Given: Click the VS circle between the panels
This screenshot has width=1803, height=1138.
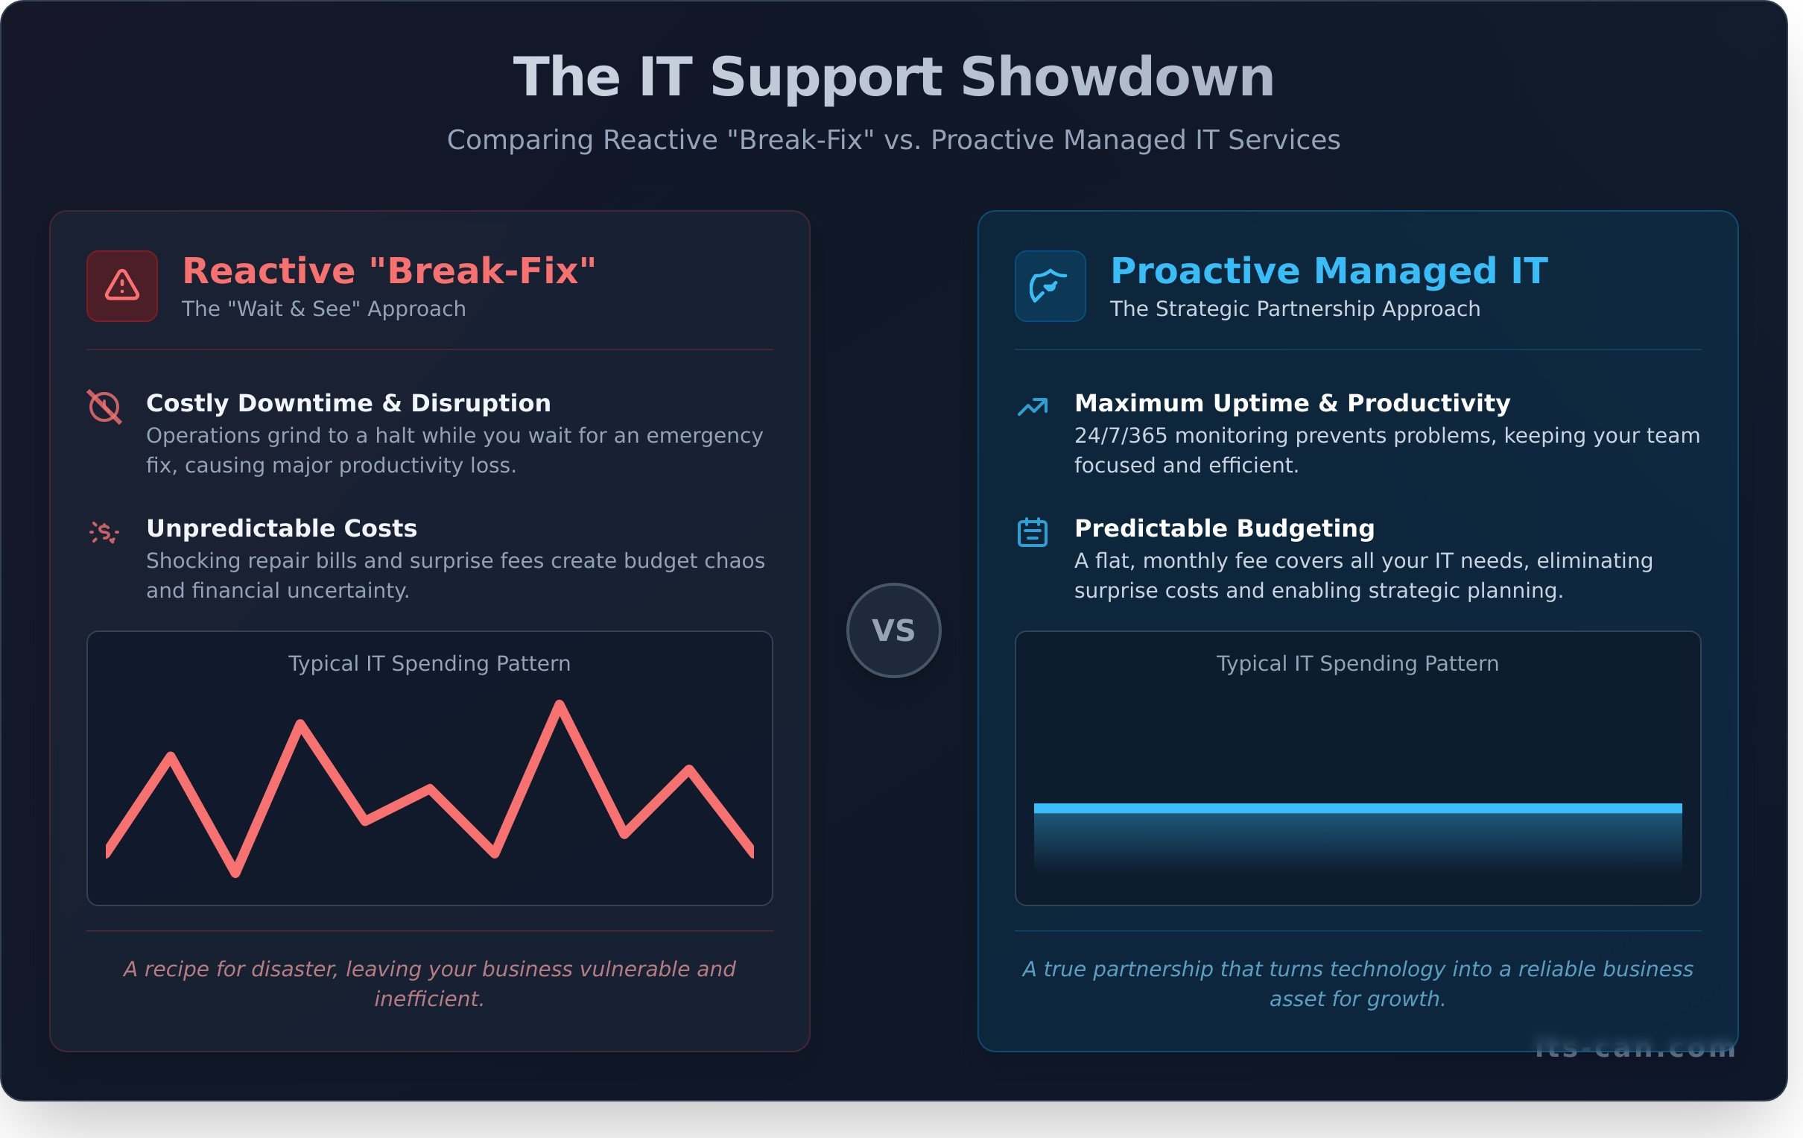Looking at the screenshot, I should [893, 630].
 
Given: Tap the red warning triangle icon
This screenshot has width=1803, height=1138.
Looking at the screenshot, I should [122, 286].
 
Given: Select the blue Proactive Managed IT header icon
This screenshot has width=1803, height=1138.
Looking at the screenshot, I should [1050, 286].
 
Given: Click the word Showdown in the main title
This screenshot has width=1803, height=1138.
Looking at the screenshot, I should [1117, 78].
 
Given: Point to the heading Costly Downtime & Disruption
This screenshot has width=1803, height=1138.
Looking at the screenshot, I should [348, 403].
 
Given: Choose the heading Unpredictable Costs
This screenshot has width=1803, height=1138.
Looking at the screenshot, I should [282, 528].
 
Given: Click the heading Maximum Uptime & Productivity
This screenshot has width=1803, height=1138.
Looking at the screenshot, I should [1292, 403].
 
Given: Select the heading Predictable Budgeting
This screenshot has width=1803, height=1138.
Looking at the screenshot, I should [1224, 528].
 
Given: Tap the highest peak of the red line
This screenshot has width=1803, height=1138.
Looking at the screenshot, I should [560, 705].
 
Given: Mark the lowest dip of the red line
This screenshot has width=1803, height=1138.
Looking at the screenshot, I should [235, 872].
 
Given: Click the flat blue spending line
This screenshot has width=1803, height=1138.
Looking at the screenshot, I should [1357, 809].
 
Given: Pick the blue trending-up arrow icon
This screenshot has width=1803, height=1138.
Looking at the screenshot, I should [1033, 406].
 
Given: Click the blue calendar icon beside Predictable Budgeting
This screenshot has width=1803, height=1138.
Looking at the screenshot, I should [1033, 532].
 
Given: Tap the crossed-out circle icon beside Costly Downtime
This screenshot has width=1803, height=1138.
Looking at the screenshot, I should [104, 407].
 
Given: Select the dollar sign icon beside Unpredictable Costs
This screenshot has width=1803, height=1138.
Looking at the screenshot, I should [104, 532].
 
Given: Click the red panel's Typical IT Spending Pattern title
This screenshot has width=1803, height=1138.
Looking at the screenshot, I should [429, 663].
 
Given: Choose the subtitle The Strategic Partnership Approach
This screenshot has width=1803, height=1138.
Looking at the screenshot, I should [1295, 309].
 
